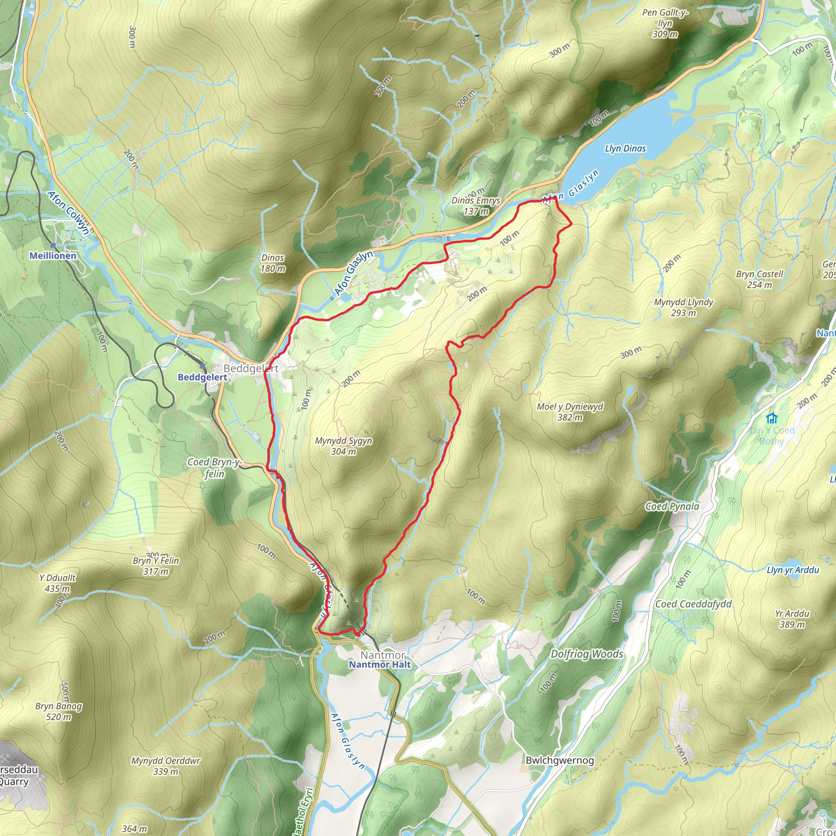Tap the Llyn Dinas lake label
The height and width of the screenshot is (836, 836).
tap(625, 149)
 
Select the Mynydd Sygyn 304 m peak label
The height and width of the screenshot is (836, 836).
tap(343, 446)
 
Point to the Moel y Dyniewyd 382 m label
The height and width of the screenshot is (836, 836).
tap(569, 411)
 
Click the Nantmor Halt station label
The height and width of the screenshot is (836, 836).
tap(380, 664)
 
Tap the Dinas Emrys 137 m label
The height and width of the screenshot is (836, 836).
tap(476, 206)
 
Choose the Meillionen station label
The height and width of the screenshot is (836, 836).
tap(53, 256)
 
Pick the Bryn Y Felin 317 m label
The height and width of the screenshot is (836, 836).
tap(156, 565)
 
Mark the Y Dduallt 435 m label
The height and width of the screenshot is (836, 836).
tap(57, 583)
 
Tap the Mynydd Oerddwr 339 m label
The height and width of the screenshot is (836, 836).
tap(166, 765)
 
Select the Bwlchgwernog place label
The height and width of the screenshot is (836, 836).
tap(560, 760)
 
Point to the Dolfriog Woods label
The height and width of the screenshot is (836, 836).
tap(586, 654)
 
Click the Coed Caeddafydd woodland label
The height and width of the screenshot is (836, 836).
tap(693, 604)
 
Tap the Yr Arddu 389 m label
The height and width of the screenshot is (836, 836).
tap(792, 618)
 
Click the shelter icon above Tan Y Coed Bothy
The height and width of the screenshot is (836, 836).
tap(771, 418)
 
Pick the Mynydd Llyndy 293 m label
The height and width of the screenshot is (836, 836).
tap(683, 307)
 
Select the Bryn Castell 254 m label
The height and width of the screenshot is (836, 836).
tap(759, 279)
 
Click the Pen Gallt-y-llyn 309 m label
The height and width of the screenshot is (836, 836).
tap(665, 23)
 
